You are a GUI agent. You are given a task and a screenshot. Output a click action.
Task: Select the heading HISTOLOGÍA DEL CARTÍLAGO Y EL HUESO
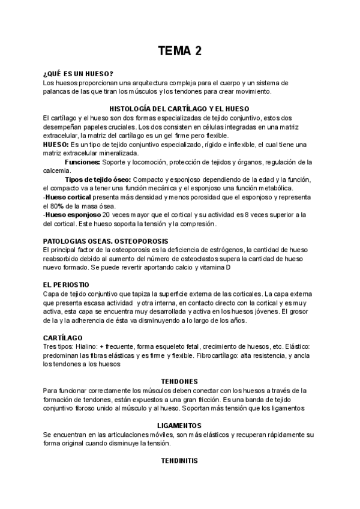pyautogui.click(x=180, y=108)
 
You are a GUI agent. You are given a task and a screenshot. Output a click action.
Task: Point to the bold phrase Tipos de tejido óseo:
pyautogui.click(x=98, y=180)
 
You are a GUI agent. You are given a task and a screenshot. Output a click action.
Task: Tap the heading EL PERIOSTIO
pyautogui.click(x=67, y=284)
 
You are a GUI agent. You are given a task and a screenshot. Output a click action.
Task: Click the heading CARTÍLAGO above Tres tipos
pyautogui.click(x=63, y=338)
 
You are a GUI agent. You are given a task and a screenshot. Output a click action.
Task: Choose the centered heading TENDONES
pyautogui.click(x=180, y=381)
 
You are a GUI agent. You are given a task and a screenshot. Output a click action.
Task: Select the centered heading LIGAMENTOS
pyautogui.click(x=179, y=424)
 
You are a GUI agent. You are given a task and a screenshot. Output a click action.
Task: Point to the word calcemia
pyautogui.click(x=58, y=170)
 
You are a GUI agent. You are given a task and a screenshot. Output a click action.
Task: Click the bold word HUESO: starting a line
pyautogui.click(x=56, y=145)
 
